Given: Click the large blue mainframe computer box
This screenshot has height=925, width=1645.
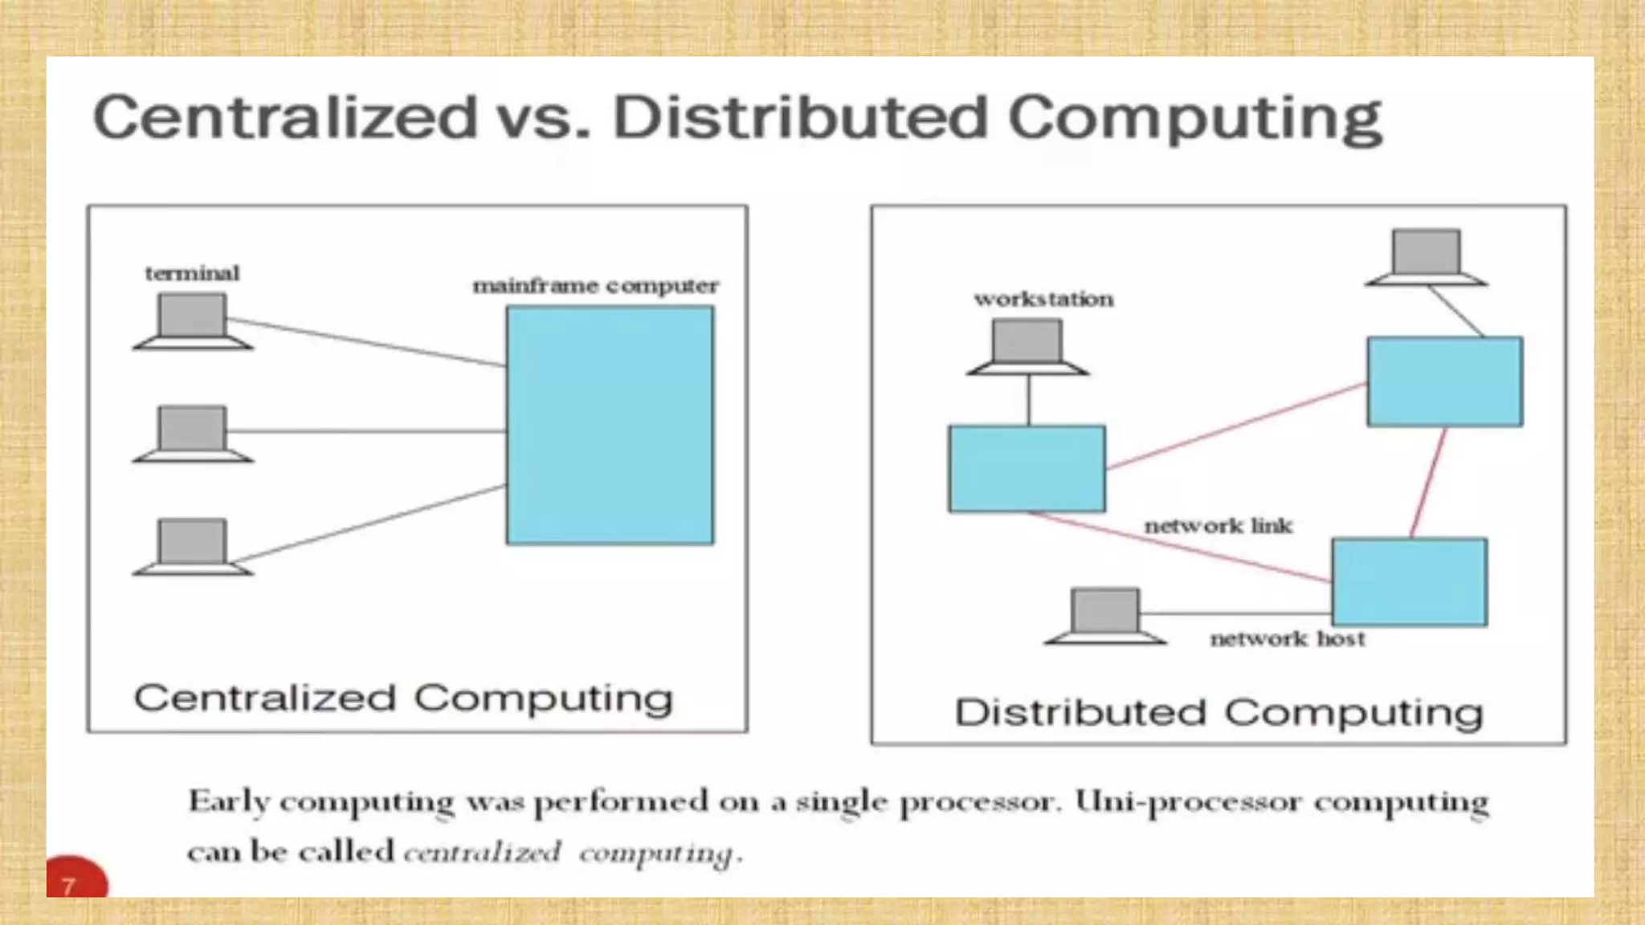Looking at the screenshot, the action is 610,426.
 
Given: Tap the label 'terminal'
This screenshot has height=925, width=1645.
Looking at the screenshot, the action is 192,274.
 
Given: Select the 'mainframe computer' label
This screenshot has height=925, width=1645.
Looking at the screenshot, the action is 595,286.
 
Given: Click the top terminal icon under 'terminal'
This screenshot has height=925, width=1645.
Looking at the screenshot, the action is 193,321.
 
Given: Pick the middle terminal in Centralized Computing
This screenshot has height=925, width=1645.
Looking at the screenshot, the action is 193,434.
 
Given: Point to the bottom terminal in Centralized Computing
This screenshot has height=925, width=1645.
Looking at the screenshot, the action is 193,547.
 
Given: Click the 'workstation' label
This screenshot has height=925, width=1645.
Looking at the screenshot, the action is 1043,300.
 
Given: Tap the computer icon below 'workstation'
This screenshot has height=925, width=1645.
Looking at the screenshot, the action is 1027,348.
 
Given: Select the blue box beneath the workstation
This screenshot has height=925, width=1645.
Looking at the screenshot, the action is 1027,469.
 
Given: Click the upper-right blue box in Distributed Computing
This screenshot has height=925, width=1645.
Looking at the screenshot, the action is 1444,381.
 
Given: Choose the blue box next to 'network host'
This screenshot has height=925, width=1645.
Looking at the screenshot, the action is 1410,582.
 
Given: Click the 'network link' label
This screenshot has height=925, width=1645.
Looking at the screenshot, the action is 1218,527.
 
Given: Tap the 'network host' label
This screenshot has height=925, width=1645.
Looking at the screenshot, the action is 1288,639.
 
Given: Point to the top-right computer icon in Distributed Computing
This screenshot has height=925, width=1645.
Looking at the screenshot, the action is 1427,258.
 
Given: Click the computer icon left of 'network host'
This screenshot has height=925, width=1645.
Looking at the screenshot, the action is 1105,617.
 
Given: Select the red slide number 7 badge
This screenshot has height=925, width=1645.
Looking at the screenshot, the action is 75,879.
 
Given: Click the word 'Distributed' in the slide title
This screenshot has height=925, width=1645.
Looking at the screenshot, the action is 799,118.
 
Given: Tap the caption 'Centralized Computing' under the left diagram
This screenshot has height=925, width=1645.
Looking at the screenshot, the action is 403,698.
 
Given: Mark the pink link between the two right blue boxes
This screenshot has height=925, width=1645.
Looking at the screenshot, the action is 1429,482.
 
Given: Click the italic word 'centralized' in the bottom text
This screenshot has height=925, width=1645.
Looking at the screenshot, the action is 482,852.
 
